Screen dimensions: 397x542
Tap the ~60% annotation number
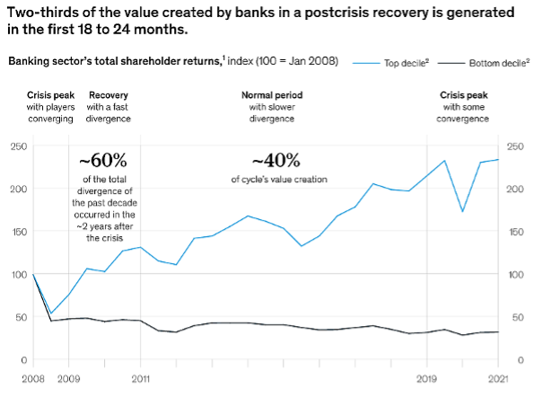tap(103, 161)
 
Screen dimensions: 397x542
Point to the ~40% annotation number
tap(275, 161)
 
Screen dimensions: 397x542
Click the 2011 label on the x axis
tap(140, 378)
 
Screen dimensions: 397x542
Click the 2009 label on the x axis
tap(68, 378)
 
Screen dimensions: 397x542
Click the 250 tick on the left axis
tap(18, 146)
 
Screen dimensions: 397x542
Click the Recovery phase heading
tap(107, 94)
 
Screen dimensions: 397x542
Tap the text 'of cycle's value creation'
tap(279, 180)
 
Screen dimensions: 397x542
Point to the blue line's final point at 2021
tap(499, 160)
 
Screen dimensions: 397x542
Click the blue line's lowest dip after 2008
tap(51, 314)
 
